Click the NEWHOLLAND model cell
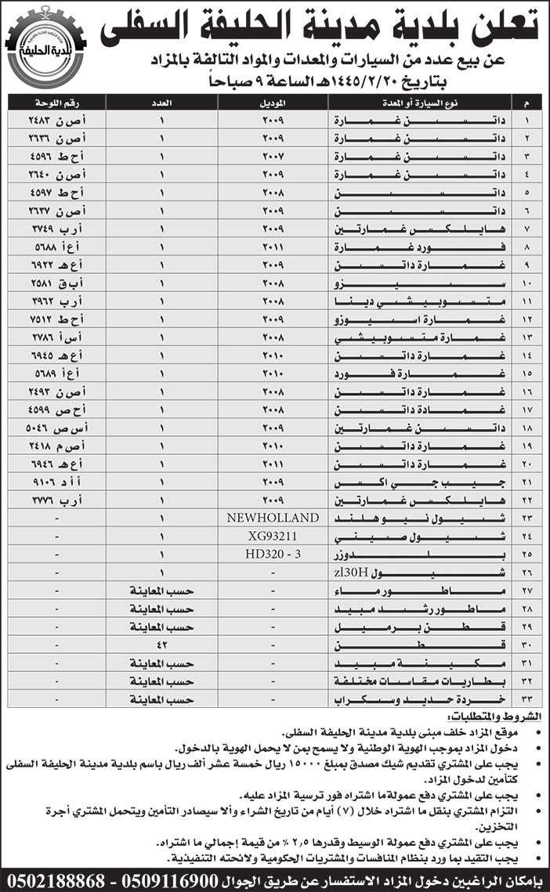point(272,518)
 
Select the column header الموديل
point(272,103)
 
